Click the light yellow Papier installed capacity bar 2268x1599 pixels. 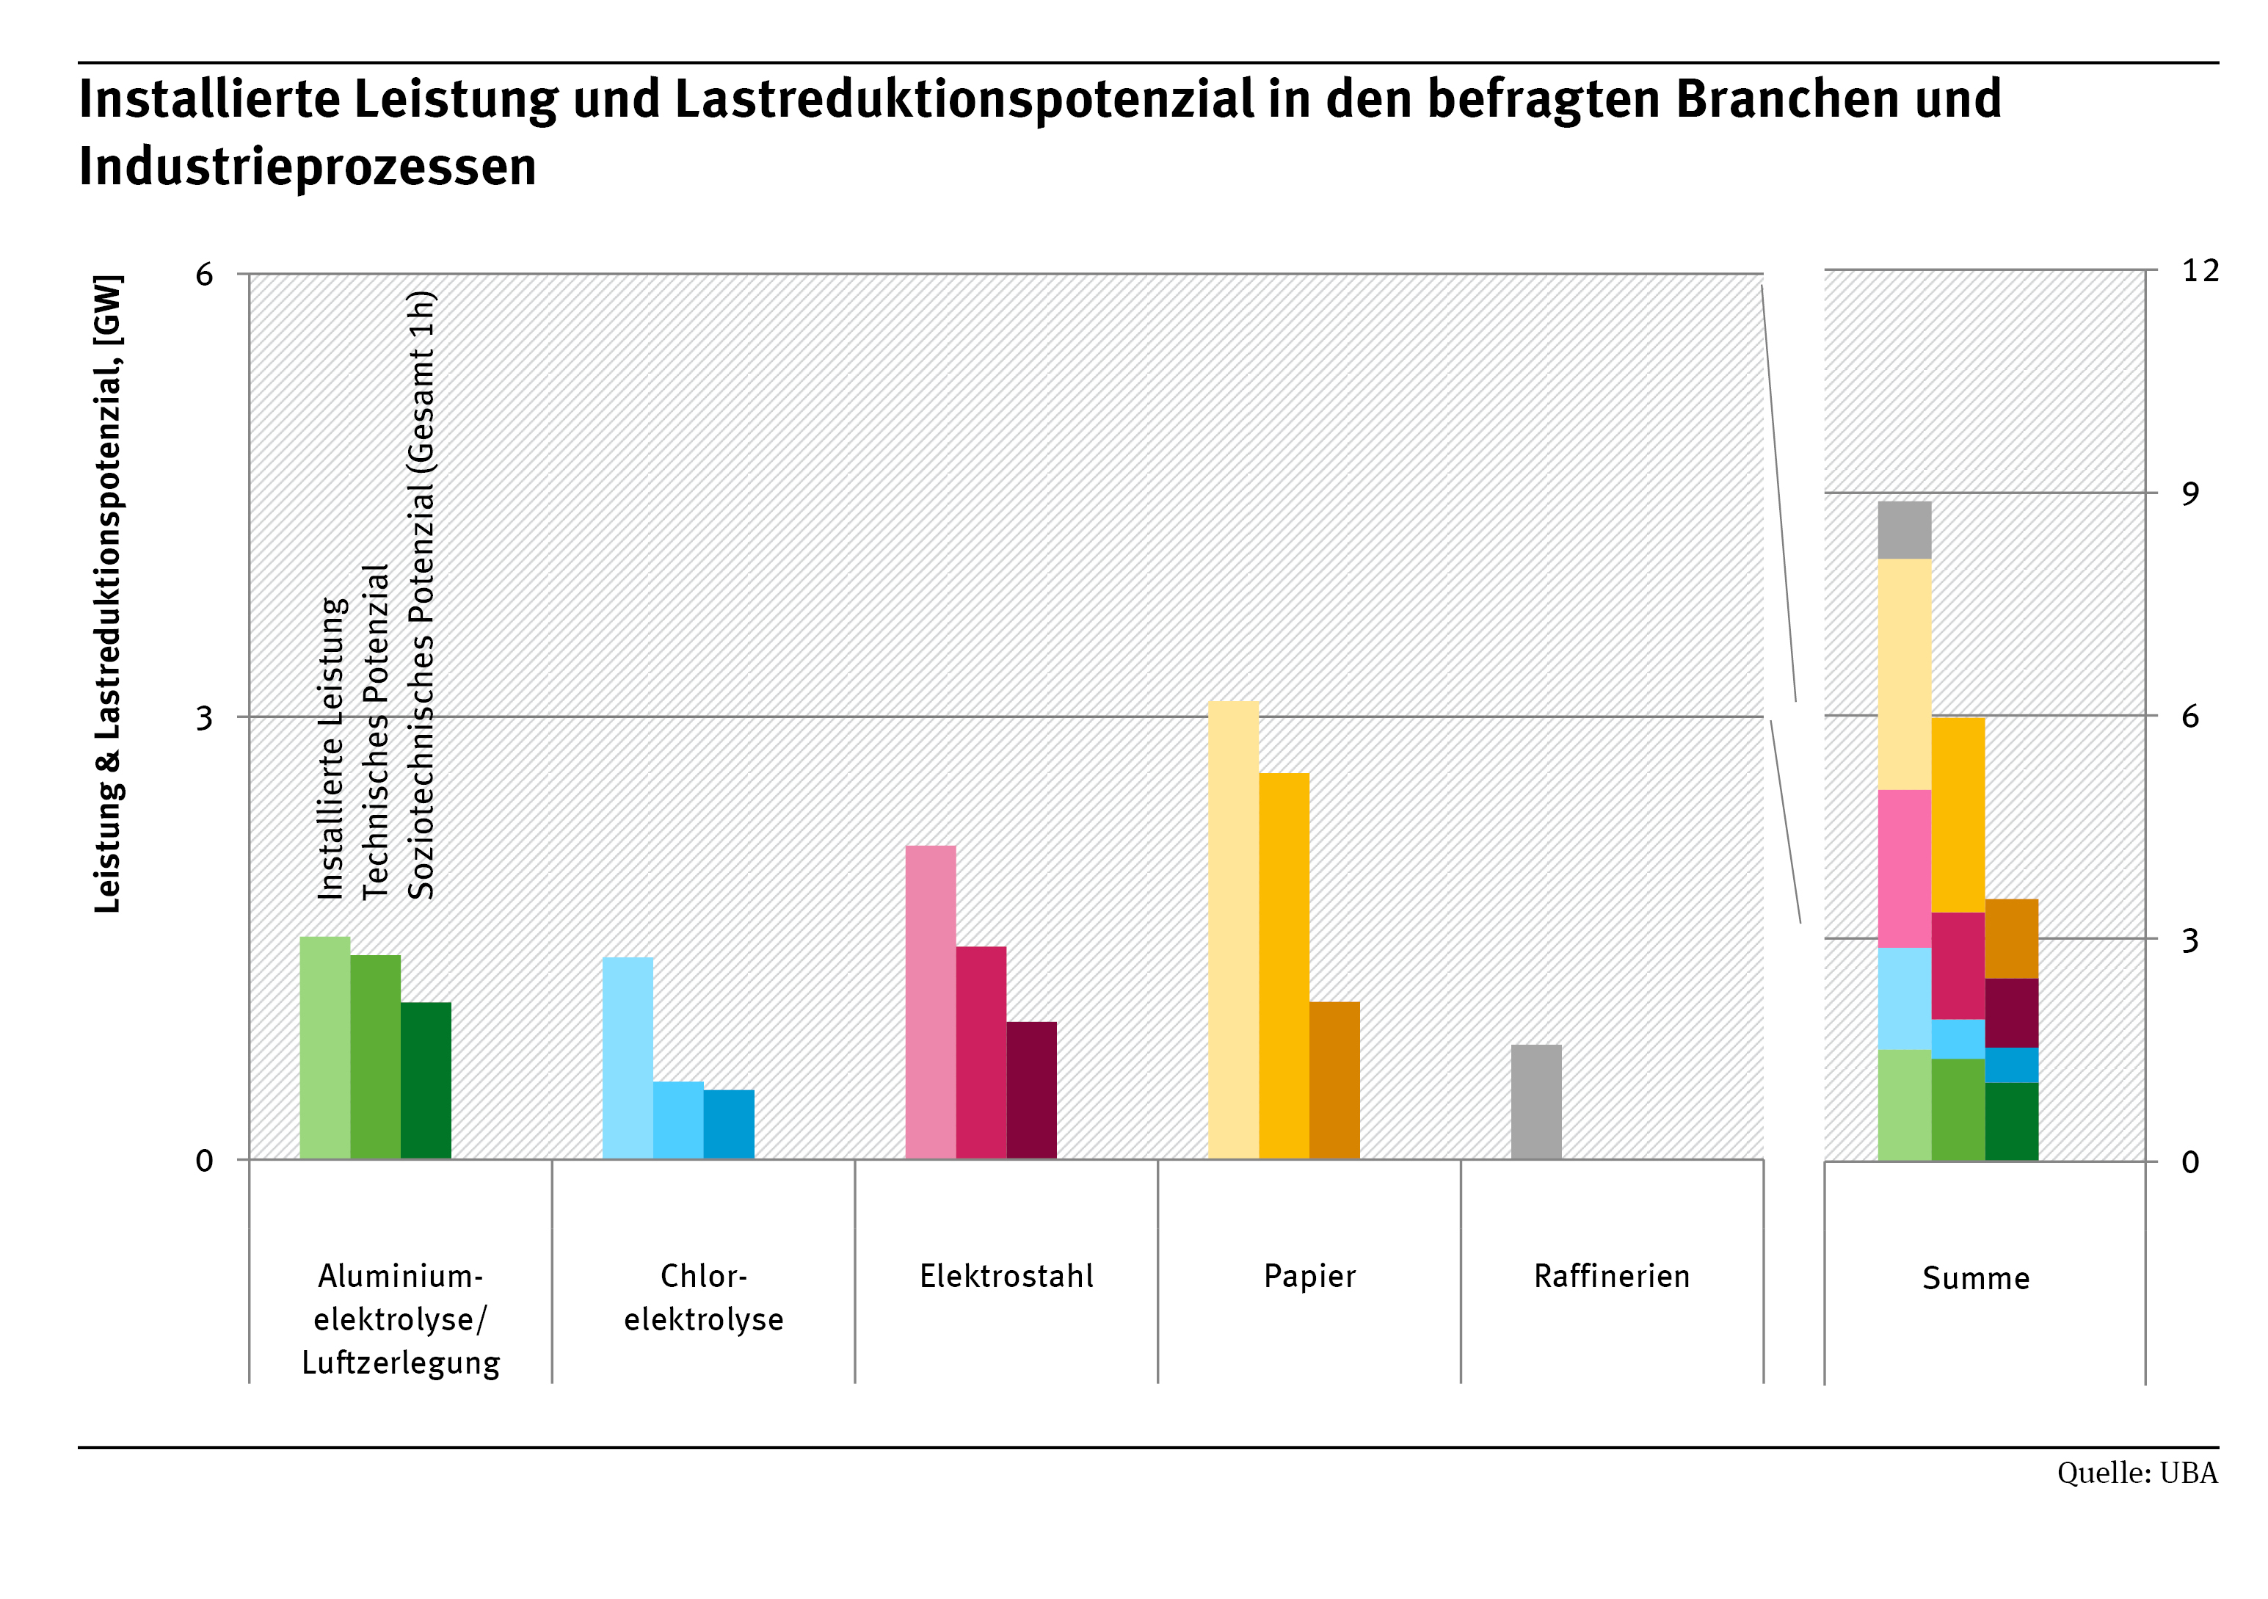(x=1233, y=929)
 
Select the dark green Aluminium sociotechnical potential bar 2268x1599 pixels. (x=426, y=1080)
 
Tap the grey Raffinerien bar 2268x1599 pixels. (x=1536, y=1102)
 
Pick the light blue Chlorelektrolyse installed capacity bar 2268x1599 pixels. (x=628, y=1057)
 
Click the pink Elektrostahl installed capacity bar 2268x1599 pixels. (x=931, y=1001)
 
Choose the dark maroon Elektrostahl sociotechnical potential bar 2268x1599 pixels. (x=1031, y=1090)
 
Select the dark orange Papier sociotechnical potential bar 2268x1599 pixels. (x=1334, y=1080)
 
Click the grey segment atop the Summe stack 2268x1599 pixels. (x=1903, y=530)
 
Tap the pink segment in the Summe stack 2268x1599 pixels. (x=1903, y=868)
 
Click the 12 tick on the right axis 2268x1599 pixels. (x=2200, y=271)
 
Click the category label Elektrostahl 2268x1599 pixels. (x=1006, y=1276)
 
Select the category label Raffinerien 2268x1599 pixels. (x=1611, y=1276)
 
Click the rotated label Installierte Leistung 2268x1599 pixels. (x=332, y=748)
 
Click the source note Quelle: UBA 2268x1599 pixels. (x=2137, y=1473)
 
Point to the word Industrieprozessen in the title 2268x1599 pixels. (x=308, y=166)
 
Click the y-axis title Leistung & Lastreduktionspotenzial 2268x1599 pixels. (x=109, y=593)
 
